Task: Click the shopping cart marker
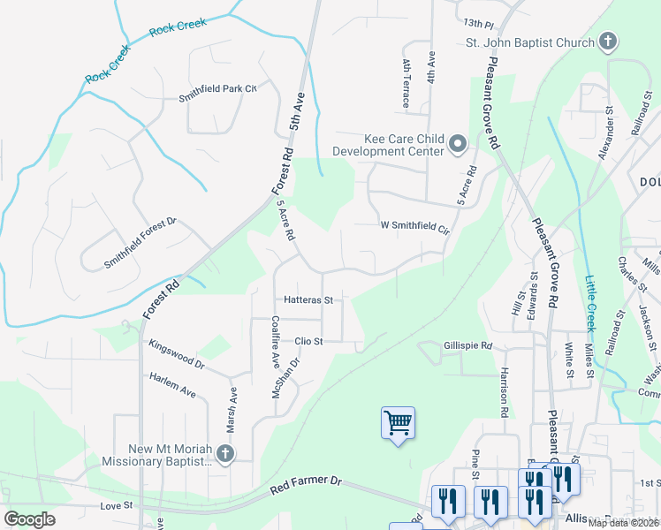[398, 423]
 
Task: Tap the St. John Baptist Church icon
[607, 41]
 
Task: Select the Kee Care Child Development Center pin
[457, 144]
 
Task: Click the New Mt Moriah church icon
[225, 454]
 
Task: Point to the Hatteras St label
[308, 300]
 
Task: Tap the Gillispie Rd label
[467, 346]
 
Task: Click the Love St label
[116, 505]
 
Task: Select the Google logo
[29, 519]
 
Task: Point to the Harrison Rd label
[504, 391]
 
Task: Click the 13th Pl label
[475, 22]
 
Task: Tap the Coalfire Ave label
[276, 342]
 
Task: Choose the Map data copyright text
[622, 523]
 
